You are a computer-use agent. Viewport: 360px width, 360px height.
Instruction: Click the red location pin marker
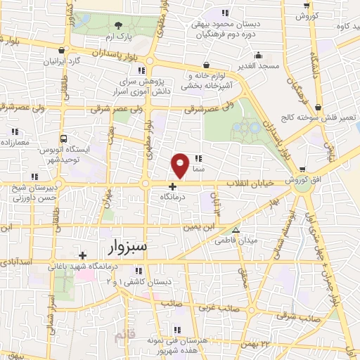tap(180, 165)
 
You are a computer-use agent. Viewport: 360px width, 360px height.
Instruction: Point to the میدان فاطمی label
tap(259, 240)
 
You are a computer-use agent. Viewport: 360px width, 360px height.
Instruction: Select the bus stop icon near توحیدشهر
tap(64, 139)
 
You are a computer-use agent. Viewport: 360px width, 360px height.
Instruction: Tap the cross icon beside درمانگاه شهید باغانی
tap(83, 255)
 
